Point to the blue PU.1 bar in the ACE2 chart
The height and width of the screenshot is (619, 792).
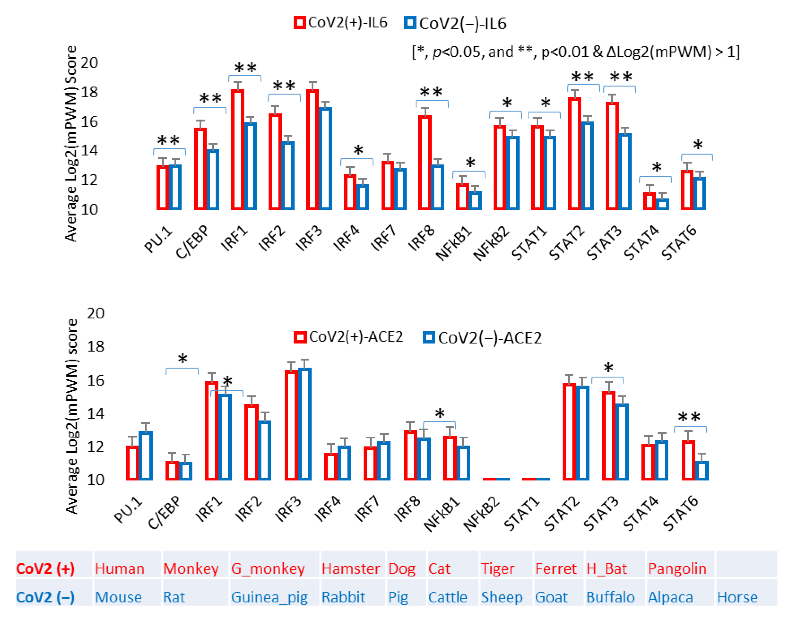coord(146,456)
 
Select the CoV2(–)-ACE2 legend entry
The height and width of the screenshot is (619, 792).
coord(483,338)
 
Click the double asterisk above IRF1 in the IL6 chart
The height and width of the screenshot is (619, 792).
coord(245,68)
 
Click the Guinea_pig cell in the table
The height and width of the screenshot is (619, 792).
coord(269,597)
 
